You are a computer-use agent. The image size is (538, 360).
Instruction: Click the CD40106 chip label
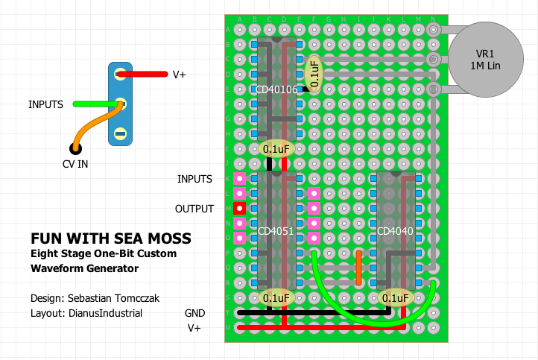click(x=276, y=90)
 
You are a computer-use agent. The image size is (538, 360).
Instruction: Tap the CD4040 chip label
click(x=396, y=230)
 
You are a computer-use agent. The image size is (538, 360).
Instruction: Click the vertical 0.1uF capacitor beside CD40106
click(x=314, y=74)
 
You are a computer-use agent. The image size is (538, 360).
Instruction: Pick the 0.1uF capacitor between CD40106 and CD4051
click(x=276, y=149)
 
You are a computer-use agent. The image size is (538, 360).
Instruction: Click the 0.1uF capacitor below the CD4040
click(x=396, y=298)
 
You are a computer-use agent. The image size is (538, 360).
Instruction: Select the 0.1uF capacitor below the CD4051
click(x=276, y=298)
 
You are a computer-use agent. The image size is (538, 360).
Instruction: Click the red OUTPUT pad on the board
click(x=240, y=209)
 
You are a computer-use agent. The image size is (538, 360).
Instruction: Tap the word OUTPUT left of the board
click(x=194, y=209)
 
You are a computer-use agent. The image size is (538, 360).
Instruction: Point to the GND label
click(x=194, y=313)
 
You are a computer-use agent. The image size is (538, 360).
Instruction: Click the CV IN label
click(x=75, y=164)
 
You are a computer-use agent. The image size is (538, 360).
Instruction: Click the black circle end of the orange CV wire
click(x=75, y=148)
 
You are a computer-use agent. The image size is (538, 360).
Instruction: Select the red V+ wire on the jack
click(x=142, y=75)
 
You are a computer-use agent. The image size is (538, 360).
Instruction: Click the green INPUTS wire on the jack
click(x=95, y=104)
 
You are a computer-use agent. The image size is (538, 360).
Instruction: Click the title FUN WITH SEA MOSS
click(x=110, y=239)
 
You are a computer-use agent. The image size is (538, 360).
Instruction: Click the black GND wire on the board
click(x=313, y=313)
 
